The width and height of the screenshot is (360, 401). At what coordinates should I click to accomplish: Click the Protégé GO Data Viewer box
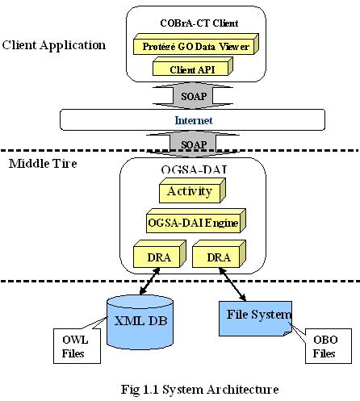point(196,44)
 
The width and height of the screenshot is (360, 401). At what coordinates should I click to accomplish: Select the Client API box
point(193,66)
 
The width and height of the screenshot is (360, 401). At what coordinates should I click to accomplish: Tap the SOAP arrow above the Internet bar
point(193,96)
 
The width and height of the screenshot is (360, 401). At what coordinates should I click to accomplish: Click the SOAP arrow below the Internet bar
point(193,144)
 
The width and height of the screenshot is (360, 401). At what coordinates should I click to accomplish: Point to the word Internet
point(194,120)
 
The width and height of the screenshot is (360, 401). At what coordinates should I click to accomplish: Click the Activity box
point(192,190)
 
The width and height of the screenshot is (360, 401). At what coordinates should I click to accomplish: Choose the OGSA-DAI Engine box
point(196,221)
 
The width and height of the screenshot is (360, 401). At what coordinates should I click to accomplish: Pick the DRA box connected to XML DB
point(160,254)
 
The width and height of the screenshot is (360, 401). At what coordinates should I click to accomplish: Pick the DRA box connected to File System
point(219,254)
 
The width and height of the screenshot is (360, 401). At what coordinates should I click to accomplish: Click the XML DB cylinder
point(140,322)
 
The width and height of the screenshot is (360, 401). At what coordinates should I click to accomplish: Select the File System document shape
point(255,319)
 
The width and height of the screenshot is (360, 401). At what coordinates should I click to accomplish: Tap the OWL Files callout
point(77,346)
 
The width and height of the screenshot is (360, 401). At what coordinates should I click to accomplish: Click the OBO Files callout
point(329,346)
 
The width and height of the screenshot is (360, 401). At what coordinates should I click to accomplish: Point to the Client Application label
point(54,45)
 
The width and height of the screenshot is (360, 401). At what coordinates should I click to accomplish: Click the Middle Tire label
point(43,164)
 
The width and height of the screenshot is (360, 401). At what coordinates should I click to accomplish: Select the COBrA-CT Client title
point(199,23)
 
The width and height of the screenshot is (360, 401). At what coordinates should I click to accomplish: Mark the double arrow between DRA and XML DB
point(149,281)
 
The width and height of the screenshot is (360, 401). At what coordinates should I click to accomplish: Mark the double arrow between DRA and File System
point(232,284)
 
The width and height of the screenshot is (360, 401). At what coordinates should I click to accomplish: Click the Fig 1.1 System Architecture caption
point(199,390)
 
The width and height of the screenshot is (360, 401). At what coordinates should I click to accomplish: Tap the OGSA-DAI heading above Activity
point(195,169)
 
